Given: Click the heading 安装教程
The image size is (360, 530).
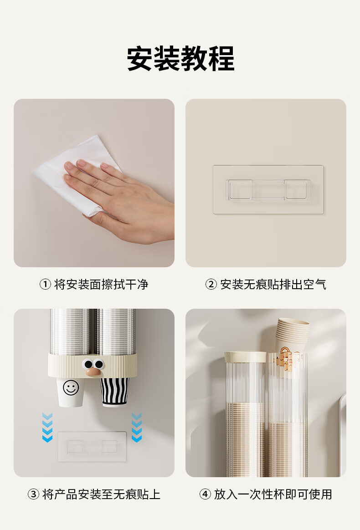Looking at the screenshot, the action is click(180, 58).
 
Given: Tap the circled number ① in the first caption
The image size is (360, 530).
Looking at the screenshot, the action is click(45, 284).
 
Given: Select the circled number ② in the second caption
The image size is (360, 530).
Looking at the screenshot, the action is click(211, 284).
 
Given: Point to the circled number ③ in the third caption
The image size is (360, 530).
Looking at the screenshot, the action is click(33, 494).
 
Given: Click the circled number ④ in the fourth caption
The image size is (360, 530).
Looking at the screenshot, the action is click(205, 494).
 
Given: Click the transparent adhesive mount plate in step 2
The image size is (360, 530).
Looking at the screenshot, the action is click(268, 189).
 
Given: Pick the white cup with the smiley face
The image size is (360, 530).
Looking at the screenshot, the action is click(71, 392).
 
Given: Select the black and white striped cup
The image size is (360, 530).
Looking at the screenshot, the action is click(115, 392).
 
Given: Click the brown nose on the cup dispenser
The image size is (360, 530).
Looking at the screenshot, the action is click(93, 372).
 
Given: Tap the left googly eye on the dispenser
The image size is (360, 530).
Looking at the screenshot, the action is click(88, 364).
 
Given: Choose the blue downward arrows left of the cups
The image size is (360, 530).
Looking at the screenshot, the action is click(47, 427).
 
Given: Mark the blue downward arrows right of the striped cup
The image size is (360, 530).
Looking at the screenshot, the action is click(136, 427).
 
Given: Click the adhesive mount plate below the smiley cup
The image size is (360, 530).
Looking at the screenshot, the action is click(92, 447).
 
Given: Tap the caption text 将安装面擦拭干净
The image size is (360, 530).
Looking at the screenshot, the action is click(101, 284).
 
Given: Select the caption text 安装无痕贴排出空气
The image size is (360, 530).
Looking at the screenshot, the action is click(273, 284).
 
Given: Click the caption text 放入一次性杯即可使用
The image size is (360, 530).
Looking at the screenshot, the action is click(273, 494).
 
